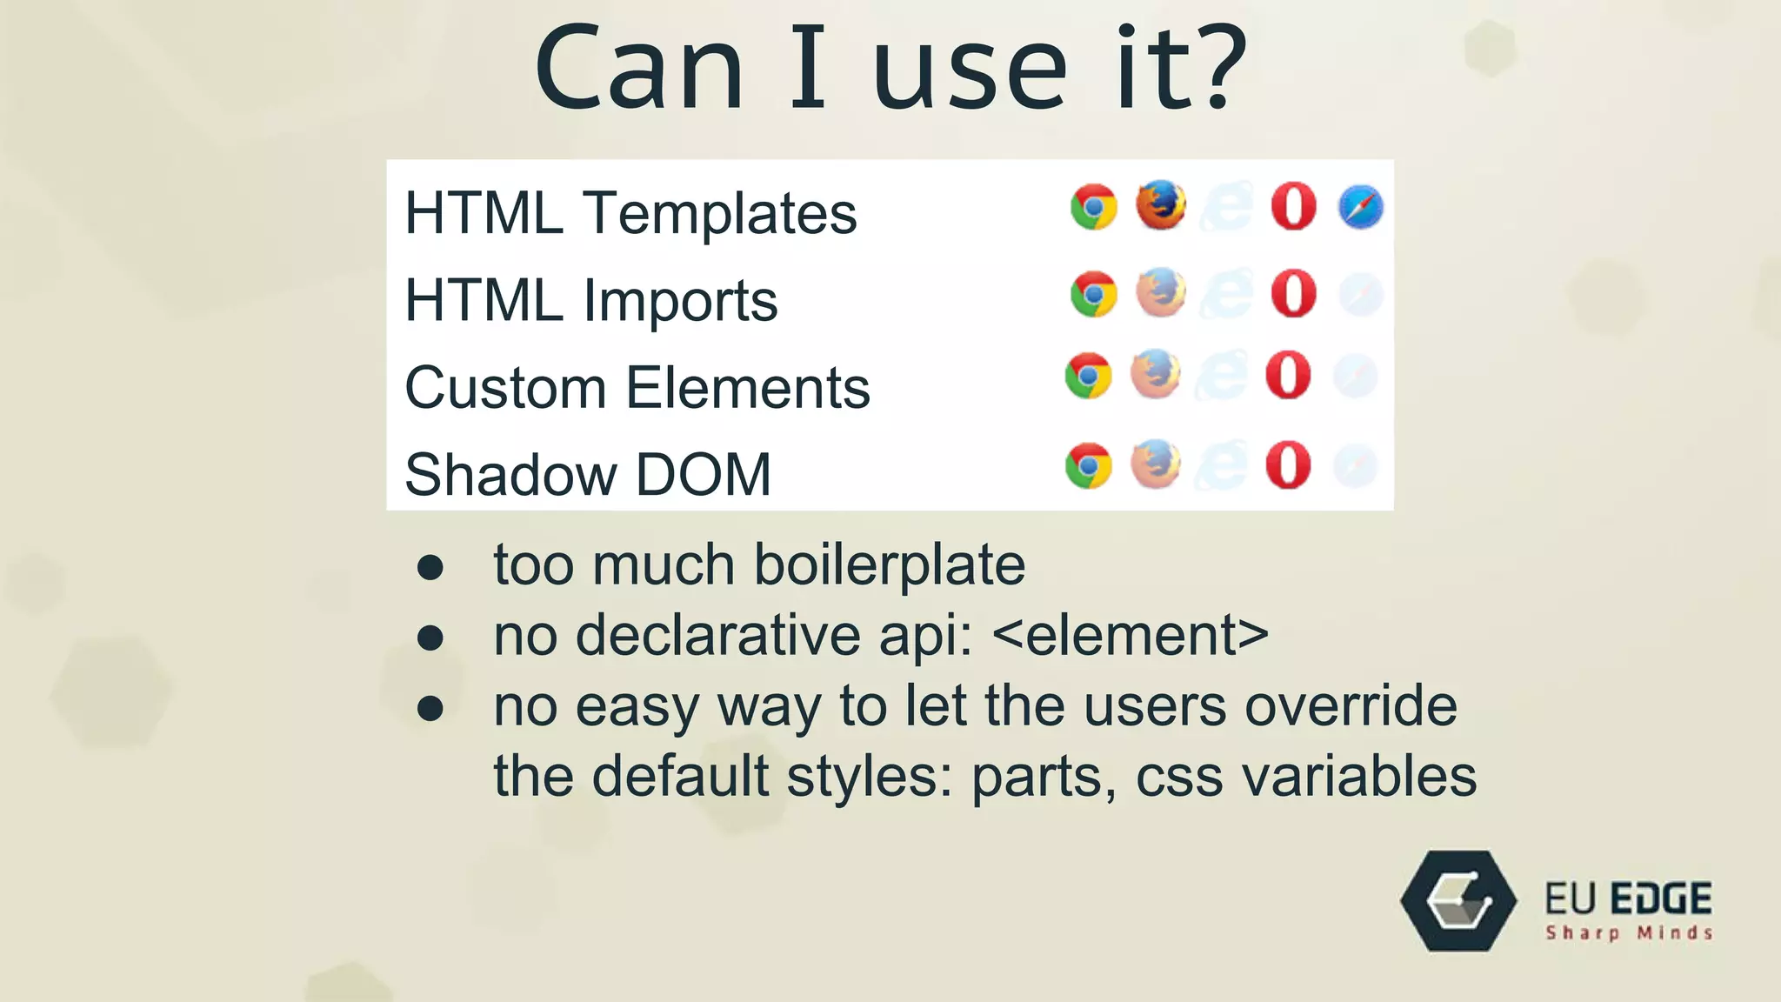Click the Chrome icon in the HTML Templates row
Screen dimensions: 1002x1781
click(x=1093, y=207)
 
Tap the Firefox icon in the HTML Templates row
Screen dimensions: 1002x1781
click(x=1161, y=205)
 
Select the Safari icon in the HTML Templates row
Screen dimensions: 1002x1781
click(x=1360, y=207)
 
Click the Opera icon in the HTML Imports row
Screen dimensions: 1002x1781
click(x=1293, y=293)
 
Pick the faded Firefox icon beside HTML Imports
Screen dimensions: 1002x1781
click(x=1161, y=292)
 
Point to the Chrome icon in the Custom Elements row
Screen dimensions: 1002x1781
click(x=1088, y=376)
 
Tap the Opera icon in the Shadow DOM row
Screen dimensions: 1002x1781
click(x=1288, y=464)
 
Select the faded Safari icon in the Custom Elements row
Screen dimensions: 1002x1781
click(x=1355, y=376)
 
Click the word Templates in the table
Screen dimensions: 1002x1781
click(x=719, y=214)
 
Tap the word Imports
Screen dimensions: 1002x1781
click(x=680, y=301)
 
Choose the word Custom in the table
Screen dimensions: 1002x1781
click(x=505, y=388)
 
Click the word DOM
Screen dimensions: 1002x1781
click(x=703, y=475)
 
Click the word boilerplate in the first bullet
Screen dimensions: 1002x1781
click(x=889, y=565)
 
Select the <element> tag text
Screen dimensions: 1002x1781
click(x=1130, y=635)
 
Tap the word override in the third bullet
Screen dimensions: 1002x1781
click(x=1351, y=705)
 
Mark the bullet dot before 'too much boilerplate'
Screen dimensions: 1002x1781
click(x=430, y=568)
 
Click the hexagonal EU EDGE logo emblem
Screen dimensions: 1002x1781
click(x=1458, y=901)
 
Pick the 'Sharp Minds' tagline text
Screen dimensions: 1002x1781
click(x=1629, y=933)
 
